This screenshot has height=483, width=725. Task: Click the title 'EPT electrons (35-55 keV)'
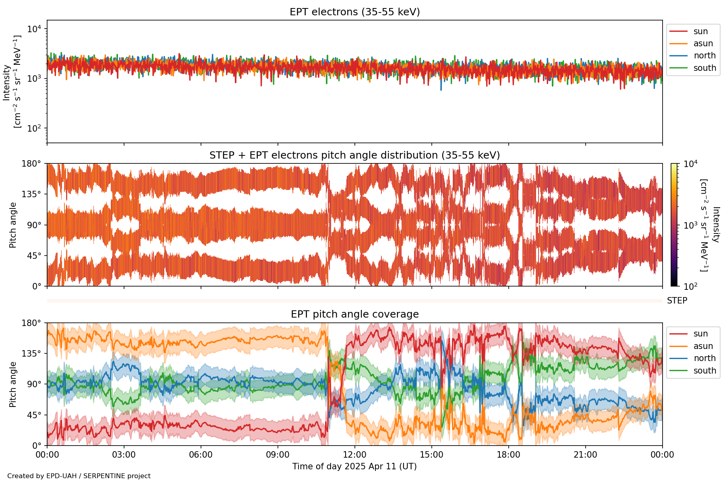(x=354, y=12)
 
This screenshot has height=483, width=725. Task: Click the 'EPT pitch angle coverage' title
(x=354, y=314)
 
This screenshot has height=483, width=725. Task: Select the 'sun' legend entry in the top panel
(x=700, y=31)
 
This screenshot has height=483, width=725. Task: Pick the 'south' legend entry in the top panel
(x=704, y=68)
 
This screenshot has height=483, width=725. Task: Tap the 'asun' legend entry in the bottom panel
(x=703, y=346)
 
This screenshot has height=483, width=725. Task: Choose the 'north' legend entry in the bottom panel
(x=704, y=358)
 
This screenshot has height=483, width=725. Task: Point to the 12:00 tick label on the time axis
(x=354, y=455)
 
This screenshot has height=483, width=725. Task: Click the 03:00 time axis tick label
(x=124, y=455)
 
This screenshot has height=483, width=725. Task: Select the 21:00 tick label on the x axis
(x=585, y=455)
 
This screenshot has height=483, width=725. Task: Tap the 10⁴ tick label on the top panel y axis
(x=34, y=29)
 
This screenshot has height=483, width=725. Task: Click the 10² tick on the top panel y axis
(x=34, y=128)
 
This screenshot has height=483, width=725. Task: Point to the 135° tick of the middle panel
(x=31, y=194)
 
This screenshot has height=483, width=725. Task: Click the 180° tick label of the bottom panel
(x=31, y=323)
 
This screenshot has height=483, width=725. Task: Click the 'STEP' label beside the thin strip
(x=677, y=301)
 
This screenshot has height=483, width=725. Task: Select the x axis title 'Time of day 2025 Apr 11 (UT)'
(x=354, y=466)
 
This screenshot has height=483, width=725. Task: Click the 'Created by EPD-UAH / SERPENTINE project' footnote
(x=79, y=476)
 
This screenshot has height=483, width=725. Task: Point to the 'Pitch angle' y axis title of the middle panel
(x=13, y=225)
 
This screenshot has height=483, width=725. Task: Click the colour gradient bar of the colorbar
(x=674, y=225)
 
